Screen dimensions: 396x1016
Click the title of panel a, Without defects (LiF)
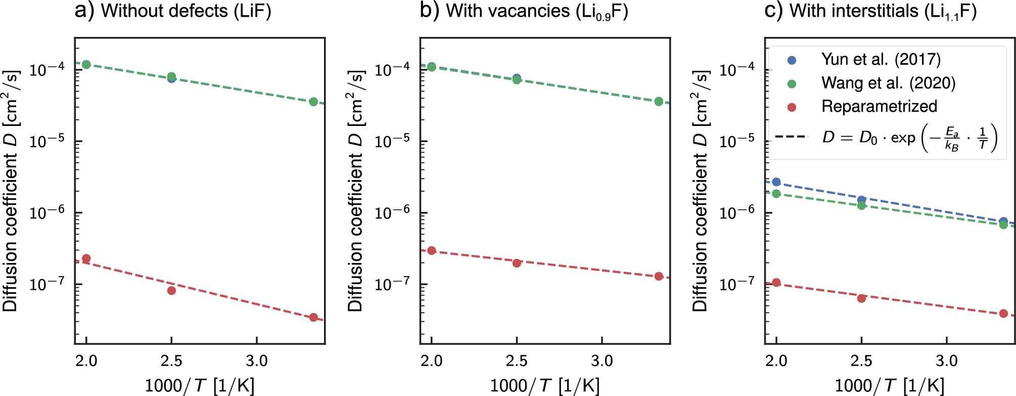point(173,11)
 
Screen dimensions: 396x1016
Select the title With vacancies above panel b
point(524,11)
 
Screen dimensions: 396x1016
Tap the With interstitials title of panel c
point(870,11)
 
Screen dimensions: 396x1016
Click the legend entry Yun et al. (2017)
point(881,60)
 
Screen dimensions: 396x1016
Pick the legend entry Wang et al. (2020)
point(888,83)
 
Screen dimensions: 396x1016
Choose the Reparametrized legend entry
point(879,106)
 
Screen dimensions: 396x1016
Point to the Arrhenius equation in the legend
point(909,138)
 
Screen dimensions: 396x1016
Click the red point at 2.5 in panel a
point(171,290)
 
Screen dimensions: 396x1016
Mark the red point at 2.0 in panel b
point(431,250)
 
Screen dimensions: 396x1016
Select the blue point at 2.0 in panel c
point(776,182)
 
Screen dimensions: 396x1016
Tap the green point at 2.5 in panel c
point(861,205)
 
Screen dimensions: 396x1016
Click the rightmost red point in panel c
point(1003,314)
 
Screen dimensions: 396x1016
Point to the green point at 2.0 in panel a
point(86,64)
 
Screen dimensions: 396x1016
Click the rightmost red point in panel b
point(659,276)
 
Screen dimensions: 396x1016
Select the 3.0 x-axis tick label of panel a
point(257,361)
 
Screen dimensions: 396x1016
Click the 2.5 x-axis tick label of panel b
point(517,361)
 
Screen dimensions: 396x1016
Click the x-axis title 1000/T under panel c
point(889,385)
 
